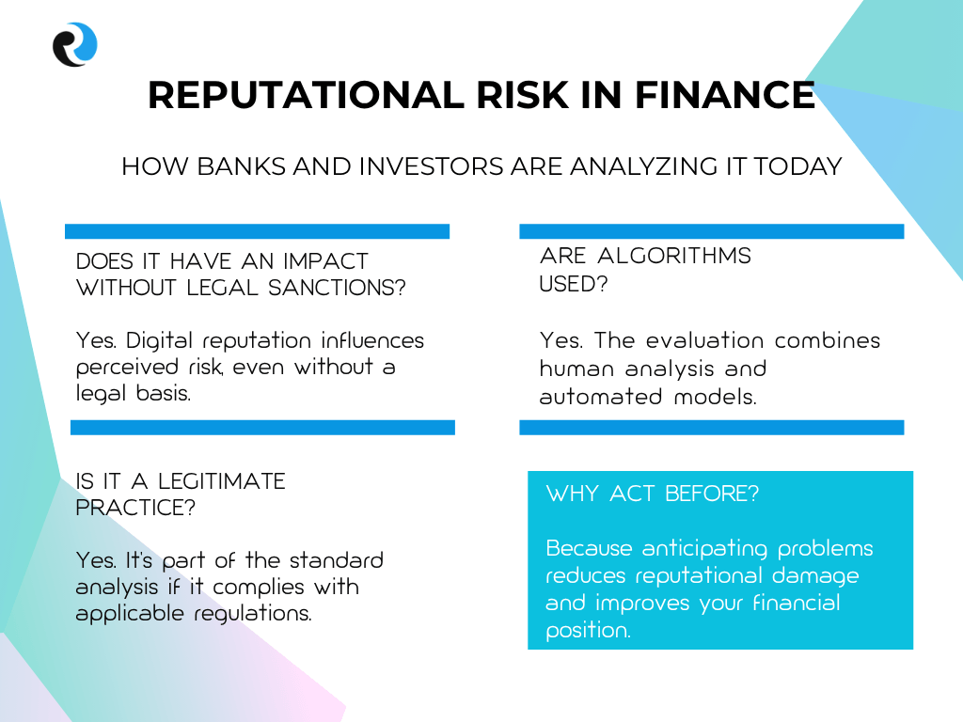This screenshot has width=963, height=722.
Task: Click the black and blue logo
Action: click(x=75, y=44)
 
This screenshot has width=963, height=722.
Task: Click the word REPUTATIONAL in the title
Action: click(x=306, y=95)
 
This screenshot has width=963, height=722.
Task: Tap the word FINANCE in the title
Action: click(x=724, y=95)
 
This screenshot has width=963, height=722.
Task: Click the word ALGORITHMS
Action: click(x=674, y=256)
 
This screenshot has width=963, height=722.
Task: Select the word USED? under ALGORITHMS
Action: click(x=574, y=284)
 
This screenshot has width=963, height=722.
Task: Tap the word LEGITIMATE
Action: click(x=222, y=481)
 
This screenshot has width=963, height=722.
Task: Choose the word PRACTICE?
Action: click(x=135, y=508)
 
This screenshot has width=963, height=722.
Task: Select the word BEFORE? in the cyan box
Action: click(x=712, y=494)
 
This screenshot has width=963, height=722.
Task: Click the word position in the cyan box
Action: click(x=588, y=631)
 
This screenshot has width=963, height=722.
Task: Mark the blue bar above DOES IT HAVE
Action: click(x=258, y=231)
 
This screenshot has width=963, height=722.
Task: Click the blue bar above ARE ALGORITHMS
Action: click(x=712, y=231)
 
